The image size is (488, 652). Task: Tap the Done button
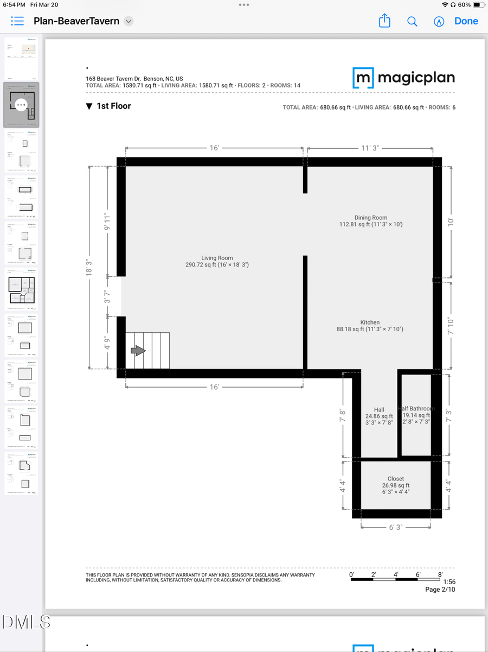click(x=466, y=21)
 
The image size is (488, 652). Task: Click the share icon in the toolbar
click(x=384, y=21)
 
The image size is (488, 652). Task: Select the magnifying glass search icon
click(x=412, y=21)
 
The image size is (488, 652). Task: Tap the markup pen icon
click(x=439, y=21)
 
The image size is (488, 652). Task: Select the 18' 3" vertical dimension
click(x=89, y=268)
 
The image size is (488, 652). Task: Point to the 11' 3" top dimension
click(x=370, y=148)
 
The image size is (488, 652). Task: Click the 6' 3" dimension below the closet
click(x=396, y=527)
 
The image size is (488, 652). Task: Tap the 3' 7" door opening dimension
click(x=107, y=296)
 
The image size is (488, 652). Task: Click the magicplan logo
click(x=403, y=78)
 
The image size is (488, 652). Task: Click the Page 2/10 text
click(x=440, y=590)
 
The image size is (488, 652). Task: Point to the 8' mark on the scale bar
click(x=440, y=574)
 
